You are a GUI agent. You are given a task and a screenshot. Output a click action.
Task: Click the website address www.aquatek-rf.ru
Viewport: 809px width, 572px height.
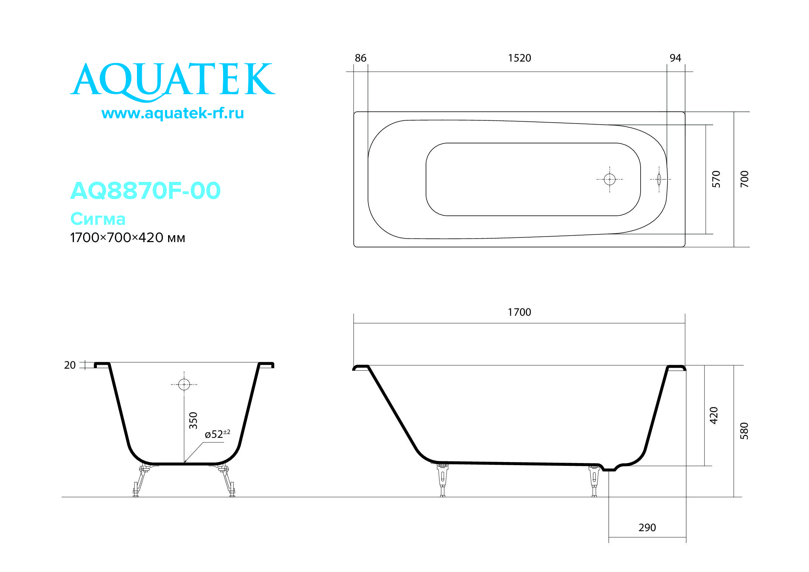tap(173, 113)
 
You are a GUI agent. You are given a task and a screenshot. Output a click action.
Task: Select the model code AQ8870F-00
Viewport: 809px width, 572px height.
tap(145, 191)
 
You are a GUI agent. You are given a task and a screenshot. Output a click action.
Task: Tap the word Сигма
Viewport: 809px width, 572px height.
tap(98, 219)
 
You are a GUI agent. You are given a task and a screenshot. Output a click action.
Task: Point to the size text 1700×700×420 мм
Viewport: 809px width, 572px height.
tap(128, 238)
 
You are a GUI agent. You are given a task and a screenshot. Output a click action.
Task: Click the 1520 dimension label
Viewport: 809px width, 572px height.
tap(520, 58)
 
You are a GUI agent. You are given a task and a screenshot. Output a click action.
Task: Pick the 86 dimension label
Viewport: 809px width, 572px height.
tap(360, 58)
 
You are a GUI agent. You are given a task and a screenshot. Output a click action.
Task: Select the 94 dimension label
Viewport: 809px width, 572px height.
tap(675, 58)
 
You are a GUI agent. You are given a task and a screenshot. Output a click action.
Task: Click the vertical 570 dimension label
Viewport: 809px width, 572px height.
tap(716, 179)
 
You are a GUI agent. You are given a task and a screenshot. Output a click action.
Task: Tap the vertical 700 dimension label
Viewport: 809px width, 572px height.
tap(744, 179)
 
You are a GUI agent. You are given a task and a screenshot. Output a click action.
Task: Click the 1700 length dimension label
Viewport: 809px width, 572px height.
tap(520, 312)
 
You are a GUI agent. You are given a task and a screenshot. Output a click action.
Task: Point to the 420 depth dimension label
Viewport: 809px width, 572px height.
tap(714, 416)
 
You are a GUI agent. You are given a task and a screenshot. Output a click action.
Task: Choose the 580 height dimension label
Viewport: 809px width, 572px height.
tap(744, 431)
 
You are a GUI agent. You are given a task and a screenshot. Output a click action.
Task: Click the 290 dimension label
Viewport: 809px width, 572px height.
tap(647, 528)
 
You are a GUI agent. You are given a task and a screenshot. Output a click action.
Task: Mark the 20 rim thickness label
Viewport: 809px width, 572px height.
tap(70, 365)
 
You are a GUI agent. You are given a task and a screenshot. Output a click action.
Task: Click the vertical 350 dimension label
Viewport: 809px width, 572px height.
tap(193, 421)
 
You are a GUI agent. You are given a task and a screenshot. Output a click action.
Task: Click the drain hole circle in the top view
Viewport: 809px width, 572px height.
tap(609, 179)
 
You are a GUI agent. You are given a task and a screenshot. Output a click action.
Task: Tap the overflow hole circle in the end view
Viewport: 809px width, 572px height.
tap(184, 384)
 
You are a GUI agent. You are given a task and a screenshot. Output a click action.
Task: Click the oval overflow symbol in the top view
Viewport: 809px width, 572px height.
tap(659, 179)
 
